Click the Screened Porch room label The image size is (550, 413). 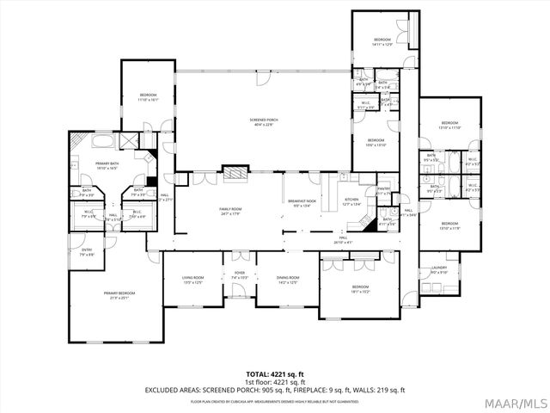(264, 121)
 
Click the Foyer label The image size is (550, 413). (239, 274)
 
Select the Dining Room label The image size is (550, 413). (288, 279)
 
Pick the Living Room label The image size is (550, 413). (192, 279)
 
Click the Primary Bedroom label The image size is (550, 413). (119, 295)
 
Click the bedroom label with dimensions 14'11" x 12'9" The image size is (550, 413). (382, 41)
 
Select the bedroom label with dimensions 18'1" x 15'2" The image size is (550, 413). (359, 288)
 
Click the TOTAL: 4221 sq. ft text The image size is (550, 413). (274, 374)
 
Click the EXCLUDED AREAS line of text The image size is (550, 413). (274, 390)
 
